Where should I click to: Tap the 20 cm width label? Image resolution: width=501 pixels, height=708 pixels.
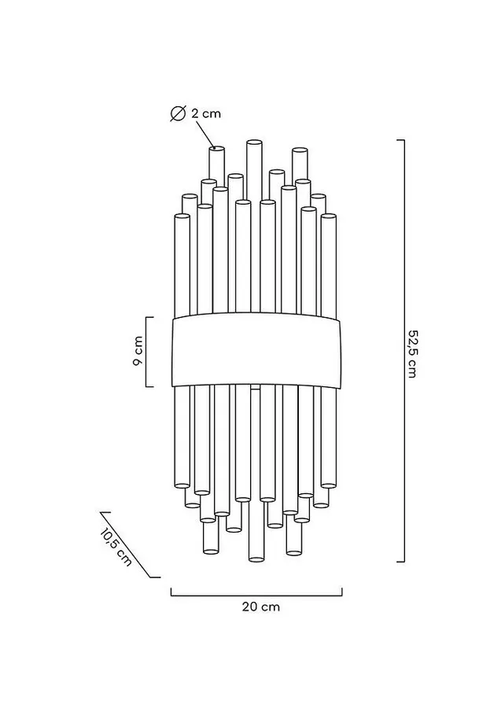coord(261,607)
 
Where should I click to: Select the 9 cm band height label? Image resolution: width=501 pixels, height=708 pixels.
coord(138,351)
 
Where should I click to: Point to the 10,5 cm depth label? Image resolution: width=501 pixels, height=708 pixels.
coord(116,547)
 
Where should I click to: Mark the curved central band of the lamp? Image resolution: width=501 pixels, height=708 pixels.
coord(256,350)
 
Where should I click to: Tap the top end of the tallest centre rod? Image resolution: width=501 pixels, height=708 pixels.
coord(255,142)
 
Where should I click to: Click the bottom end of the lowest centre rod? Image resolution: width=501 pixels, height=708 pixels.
coord(256,559)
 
